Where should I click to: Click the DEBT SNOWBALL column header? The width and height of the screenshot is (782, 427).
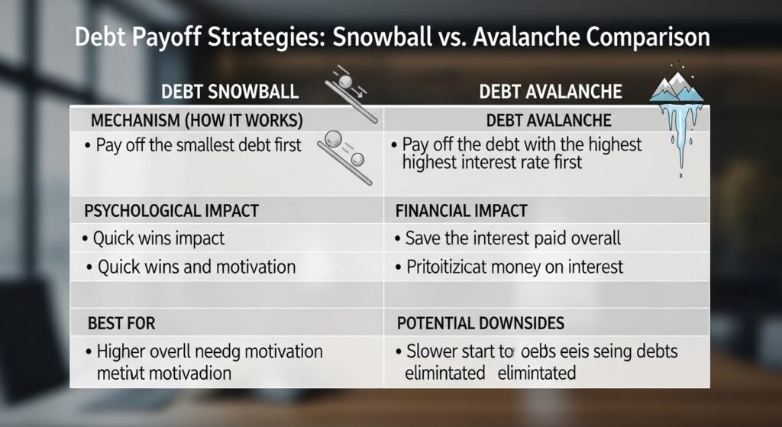[x=229, y=92]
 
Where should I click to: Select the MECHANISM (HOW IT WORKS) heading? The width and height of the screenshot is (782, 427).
[x=196, y=121]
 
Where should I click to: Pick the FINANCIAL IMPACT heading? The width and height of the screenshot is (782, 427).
[x=462, y=210]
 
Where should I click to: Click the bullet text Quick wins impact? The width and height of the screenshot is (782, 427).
[x=159, y=238]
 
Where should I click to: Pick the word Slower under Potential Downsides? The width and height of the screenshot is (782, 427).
[x=432, y=352]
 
